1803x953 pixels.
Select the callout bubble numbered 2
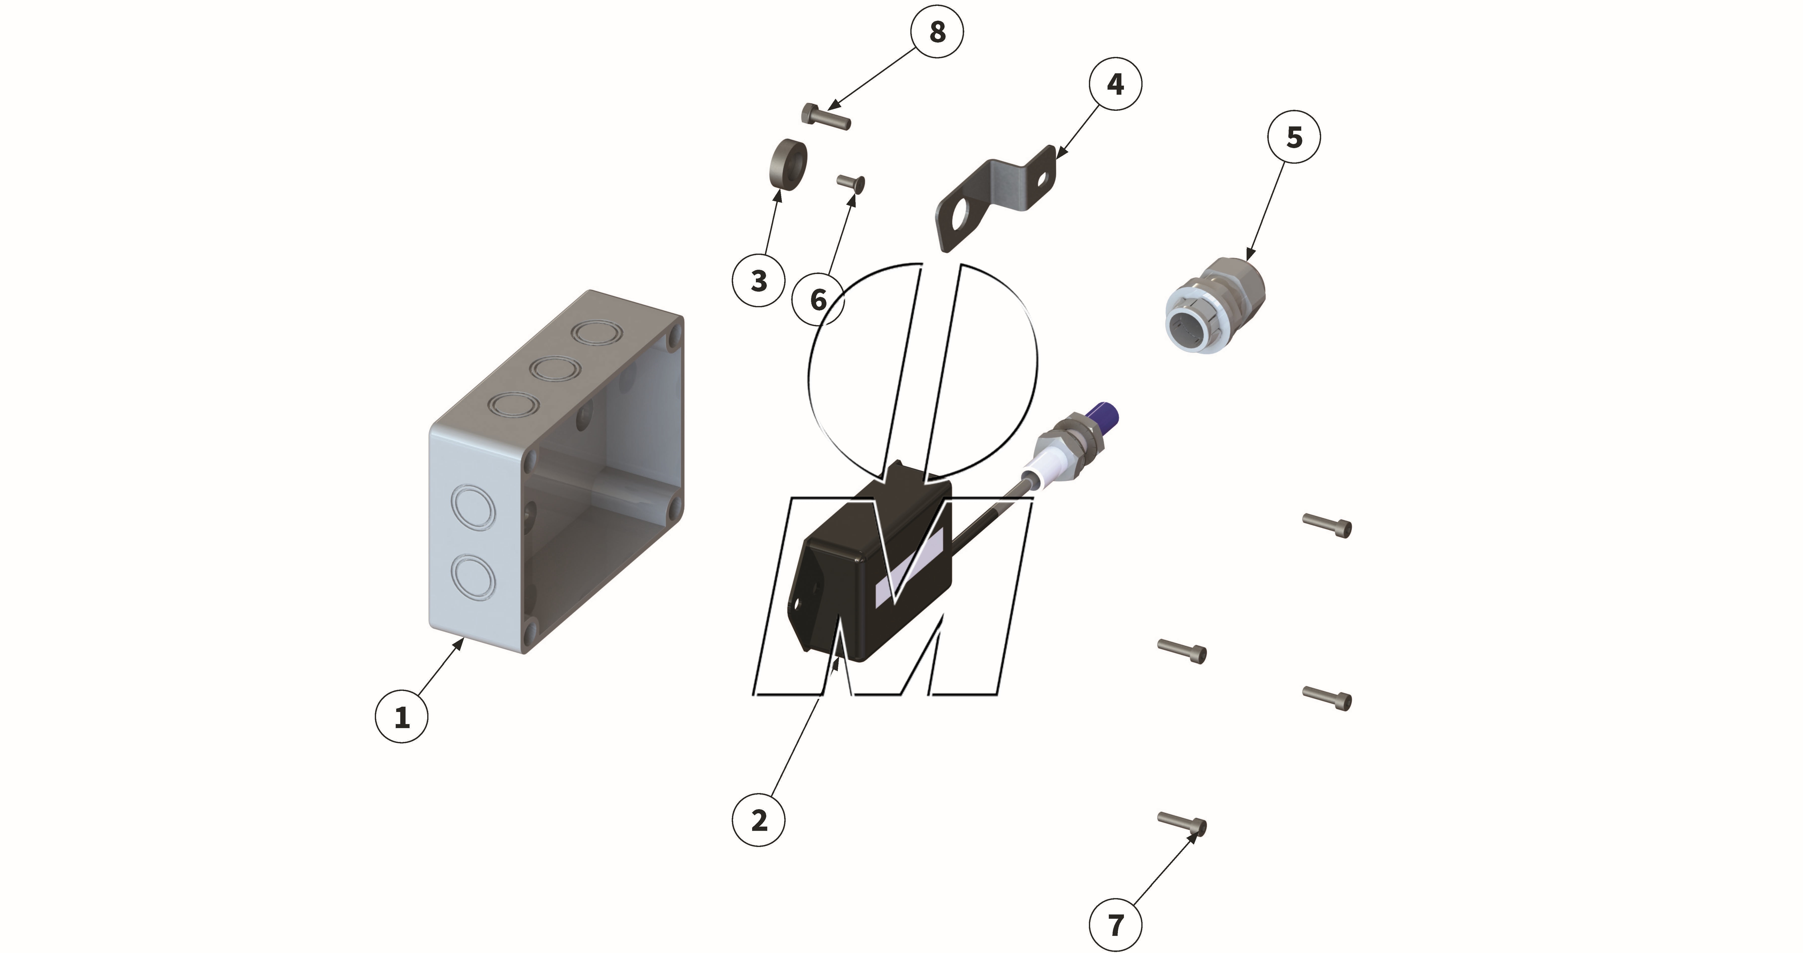759,820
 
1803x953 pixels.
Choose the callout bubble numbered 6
818,299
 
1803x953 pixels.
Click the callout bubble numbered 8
937,31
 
